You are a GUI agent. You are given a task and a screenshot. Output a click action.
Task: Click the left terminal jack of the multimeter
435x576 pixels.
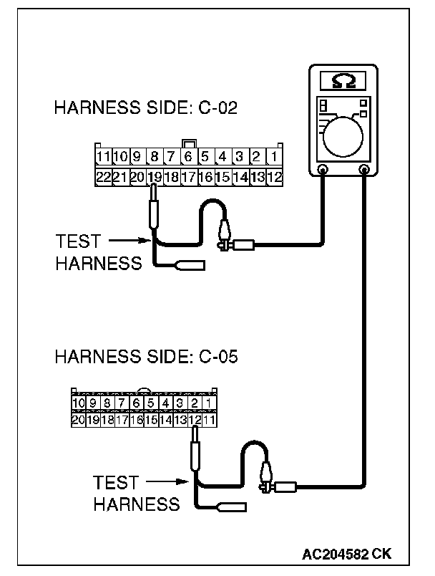click(323, 171)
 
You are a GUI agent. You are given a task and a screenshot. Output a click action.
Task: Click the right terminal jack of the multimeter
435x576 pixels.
click(365, 171)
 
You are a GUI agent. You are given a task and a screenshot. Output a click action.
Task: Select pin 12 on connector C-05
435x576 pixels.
click(194, 420)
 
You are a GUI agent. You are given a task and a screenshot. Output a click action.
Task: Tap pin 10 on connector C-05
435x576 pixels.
click(78, 404)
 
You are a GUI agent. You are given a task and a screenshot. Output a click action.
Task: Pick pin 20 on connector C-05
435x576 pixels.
click(78, 420)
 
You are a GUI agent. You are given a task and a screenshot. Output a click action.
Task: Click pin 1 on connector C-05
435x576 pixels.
click(208, 404)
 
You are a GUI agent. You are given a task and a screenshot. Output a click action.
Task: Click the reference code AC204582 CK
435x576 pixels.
click(346, 553)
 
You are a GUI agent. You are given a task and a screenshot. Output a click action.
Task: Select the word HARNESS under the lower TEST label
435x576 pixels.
click(137, 504)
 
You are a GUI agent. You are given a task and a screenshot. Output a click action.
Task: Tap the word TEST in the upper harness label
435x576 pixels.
click(78, 241)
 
